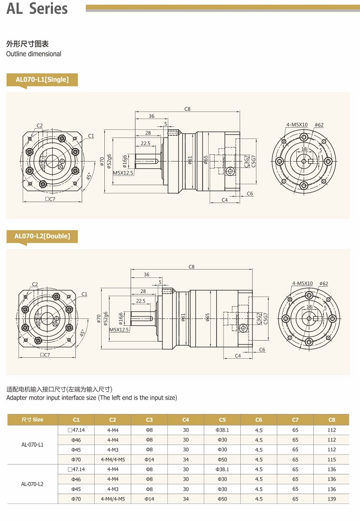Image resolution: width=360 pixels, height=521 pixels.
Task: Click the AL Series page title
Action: coord(37,9)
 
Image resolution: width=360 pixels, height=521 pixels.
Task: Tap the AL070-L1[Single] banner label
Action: coord(42,79)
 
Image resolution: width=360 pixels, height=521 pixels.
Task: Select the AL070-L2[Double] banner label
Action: coord(42,236)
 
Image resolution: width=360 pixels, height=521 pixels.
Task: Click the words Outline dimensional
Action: coord(34,54)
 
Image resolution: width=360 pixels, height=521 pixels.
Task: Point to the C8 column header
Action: coord(331,419)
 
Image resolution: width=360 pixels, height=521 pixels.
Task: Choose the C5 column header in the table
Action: coord(222,419)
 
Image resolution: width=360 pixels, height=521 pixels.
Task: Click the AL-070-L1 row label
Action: coord(32,445)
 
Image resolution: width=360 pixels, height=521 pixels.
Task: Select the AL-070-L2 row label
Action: coord(32,484)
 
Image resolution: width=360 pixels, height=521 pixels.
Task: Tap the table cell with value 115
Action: coord(331,460)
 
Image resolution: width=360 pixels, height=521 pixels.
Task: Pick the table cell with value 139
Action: coord(331,499)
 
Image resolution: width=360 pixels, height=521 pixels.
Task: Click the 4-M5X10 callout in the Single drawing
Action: coord(296,125)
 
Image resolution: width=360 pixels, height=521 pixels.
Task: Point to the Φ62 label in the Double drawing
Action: coord(323,283)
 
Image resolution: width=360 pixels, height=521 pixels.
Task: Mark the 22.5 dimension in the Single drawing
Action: coord(145,144)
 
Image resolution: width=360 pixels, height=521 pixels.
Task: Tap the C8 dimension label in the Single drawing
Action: coord(187,109)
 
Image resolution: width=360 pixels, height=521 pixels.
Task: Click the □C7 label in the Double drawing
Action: coord(45,355)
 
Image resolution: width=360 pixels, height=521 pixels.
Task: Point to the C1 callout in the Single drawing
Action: coord(91,136)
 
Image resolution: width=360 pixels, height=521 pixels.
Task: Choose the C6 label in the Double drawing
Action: coord(262,350)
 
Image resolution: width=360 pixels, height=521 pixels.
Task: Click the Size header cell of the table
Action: coord(32,419)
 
